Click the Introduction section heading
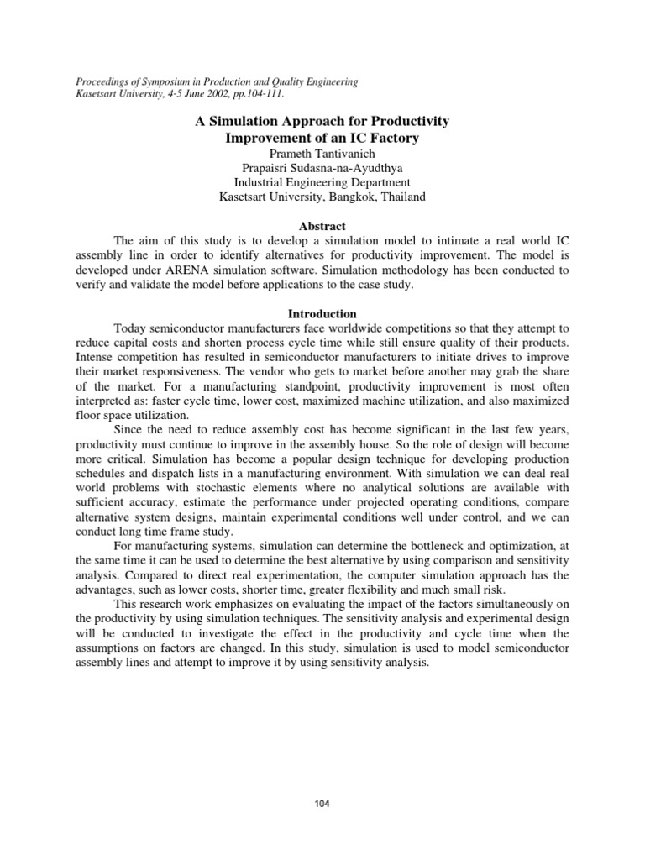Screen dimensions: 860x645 322,313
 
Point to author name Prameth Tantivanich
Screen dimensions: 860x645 322,152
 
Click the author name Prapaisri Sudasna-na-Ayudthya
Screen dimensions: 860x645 322,167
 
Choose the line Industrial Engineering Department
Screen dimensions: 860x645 322,182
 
